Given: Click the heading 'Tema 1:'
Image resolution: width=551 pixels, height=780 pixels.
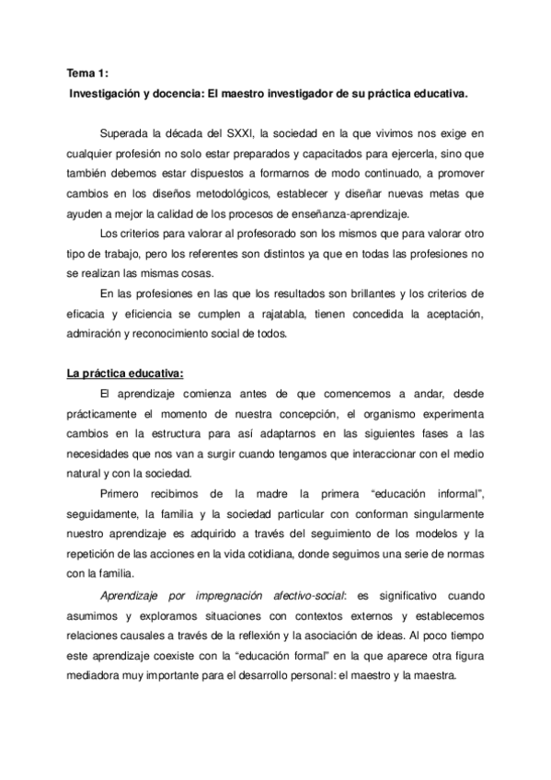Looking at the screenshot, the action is point(88,73).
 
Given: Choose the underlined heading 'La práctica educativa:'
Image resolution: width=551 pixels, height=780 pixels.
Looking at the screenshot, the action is point(125,373).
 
